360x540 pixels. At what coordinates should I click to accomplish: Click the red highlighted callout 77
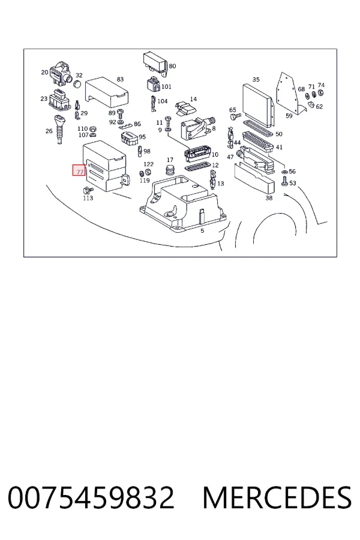tap(79, 170)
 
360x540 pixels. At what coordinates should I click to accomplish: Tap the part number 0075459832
tap(91, 497)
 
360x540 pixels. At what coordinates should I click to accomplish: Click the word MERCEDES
tap(277, 497)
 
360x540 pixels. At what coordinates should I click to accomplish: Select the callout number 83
tap(120, 79)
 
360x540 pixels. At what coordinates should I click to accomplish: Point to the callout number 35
tap(256, 80)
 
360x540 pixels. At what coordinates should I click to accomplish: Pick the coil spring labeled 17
tap(170, 170)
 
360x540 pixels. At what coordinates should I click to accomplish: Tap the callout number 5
tap(202, 230)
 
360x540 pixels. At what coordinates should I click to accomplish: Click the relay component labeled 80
tap(155, 63)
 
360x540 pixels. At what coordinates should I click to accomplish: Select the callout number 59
tap(289, 116)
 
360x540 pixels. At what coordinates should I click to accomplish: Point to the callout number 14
tap(193, 99)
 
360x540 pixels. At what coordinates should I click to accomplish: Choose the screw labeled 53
tap(284, 181)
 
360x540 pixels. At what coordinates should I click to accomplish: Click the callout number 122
tap(148, 164)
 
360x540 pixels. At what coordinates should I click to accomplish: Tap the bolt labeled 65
tap(235, 117)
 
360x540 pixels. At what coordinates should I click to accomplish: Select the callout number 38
tap(269, 197)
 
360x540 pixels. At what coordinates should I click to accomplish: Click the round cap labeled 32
tap(78, 83)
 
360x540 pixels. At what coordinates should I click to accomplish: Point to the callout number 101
tap(166, 86)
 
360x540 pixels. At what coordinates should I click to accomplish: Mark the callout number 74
tap(321, 85)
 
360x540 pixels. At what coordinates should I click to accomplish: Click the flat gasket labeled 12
tap(197, 168)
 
